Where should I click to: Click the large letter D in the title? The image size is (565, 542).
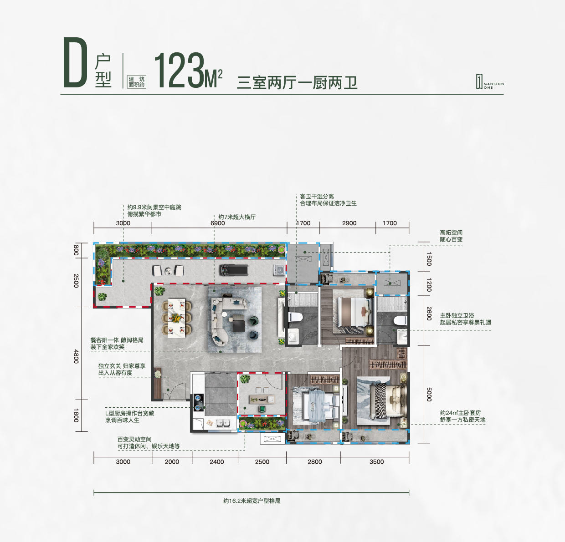(x=75, y=62)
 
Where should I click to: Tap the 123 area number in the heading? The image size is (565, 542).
(x=180, y=70)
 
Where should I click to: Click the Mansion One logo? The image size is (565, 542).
(x=489, y=82)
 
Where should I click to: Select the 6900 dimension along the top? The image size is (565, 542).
(x=218, y=223)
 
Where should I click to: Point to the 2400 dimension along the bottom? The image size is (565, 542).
(x=216, y=461)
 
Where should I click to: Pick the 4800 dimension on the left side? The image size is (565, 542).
(x=76, y=356)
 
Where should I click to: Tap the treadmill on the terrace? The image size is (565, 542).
(x=233, y=270)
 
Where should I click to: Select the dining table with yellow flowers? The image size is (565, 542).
(x=176, y=318)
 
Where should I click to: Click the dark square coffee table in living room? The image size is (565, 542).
(x=239, y=326)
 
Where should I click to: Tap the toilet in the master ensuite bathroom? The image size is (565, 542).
(x=400, y=321)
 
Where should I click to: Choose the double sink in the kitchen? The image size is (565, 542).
(x=223, y=424)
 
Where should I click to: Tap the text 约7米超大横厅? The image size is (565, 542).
(x=237, y=217)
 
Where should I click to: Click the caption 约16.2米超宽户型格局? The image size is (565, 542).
(x=252, y=501)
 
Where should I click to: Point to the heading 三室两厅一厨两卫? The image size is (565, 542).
(x=297, y=83)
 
